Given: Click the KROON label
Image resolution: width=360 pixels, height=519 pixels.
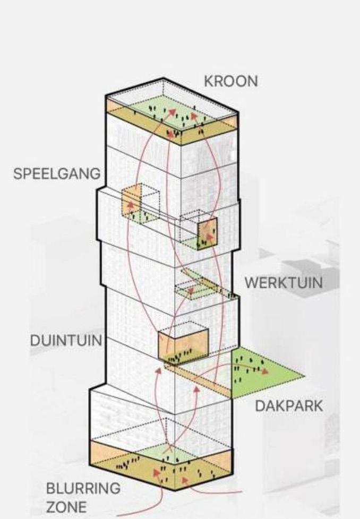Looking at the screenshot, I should (231, 81).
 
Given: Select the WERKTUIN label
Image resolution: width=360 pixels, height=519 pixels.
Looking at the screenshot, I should (283, 282).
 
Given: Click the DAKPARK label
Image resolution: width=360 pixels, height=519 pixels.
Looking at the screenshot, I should (289, 406).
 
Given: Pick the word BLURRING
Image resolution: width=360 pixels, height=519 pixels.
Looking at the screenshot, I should (83, 487).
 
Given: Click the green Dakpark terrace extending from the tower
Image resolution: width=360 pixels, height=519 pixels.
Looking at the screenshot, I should (265, 374).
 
